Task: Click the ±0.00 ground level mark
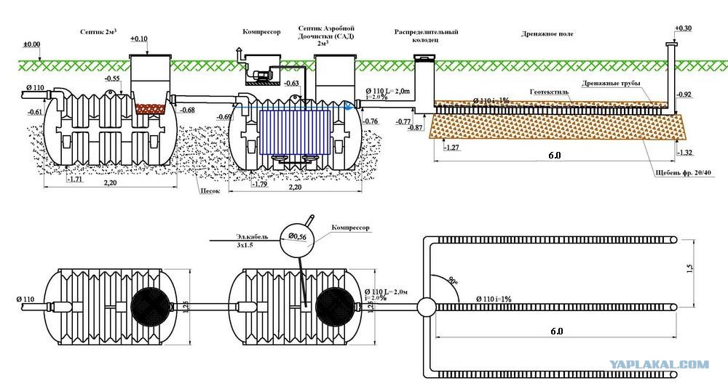point(31,45)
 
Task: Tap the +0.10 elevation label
point(139,38)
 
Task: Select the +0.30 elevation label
point(683,28)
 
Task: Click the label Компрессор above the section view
point(261,33)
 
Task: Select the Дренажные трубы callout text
point(611,84)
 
